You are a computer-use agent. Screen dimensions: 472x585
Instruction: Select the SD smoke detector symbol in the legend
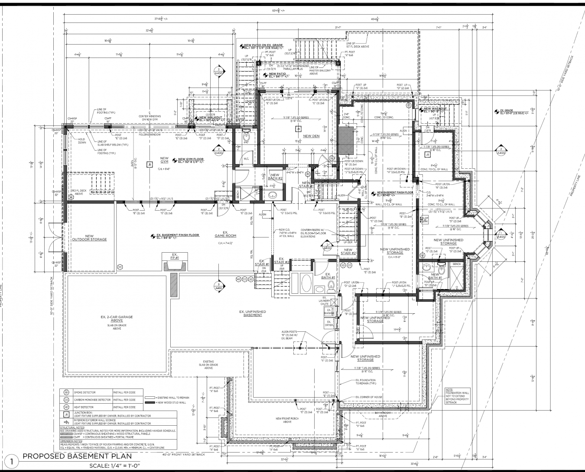coord(66,392)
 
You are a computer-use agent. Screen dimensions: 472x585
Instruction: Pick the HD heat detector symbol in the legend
coord(66,407)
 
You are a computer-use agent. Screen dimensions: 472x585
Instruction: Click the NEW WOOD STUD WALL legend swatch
coord(149,403)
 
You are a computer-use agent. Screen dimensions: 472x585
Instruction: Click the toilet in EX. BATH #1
coord(331,285)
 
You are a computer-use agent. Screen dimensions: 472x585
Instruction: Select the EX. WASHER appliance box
coord(328,312)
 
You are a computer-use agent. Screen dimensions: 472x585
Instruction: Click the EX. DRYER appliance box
coord(328,323)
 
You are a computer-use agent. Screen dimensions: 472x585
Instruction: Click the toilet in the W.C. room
coord(247,137)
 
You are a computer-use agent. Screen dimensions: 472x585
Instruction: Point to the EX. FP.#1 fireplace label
coord(175,256)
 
